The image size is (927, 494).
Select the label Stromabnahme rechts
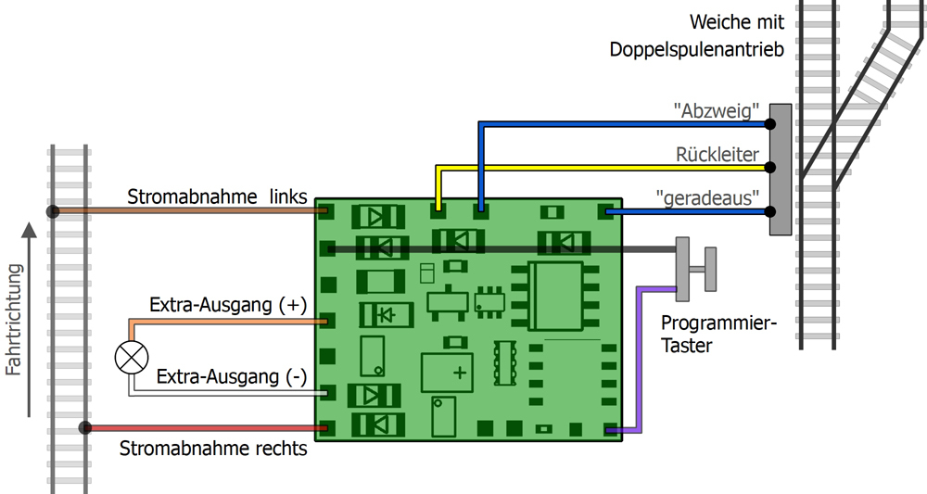click(213, 450)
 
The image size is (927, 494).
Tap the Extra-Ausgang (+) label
click(228, 305)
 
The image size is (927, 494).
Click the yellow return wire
click(603, 168)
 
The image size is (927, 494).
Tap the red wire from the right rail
click(204, 428)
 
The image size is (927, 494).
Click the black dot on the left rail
click(53, 211)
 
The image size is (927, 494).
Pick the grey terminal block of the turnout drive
click(780, 169)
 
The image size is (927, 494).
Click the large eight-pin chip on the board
click(555, 295)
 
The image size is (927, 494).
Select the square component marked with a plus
click(447, 372)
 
